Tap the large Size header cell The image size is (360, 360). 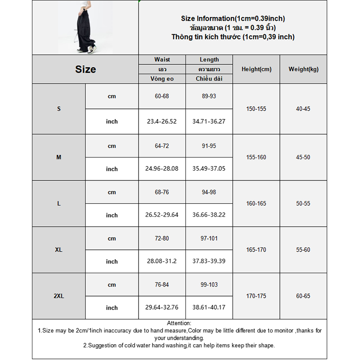(85, 69)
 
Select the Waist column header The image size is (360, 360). (162, 59)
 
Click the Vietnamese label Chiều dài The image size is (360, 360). (209, 79)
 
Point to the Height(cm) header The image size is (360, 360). (256, 69)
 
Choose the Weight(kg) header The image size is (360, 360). (303, 69)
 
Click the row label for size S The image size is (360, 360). (59, 109)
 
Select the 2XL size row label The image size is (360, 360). (59, 296)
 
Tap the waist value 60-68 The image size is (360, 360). (162, 96)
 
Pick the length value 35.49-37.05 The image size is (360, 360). (209, 169)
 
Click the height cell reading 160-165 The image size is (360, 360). (256, 203)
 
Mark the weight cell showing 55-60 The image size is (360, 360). (303, 250)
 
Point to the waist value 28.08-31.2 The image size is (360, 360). (162, 261)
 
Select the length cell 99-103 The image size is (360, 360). (209, 285)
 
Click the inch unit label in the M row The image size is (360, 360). (112, 169)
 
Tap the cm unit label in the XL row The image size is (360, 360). (112, 238)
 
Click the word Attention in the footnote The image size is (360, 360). (179, 323)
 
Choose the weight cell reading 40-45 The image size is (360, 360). (303, 109)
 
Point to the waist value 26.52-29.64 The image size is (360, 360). (162, 215)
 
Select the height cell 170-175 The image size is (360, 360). (256, 296)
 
